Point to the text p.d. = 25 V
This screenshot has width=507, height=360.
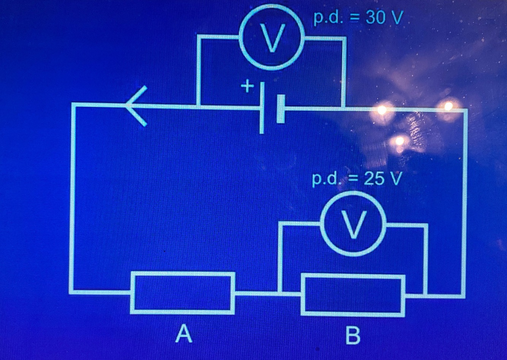[x=356, y=179]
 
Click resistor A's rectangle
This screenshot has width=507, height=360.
[x=182, y=293]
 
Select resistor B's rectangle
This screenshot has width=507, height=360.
[x=353, y=295]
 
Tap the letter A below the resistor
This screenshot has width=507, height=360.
[x=184, y=334]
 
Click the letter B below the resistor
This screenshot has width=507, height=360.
[x=353, y=336]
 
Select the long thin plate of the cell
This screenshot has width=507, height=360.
[x=262, y=109]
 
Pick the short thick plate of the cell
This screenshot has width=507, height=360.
[x=281, y=109]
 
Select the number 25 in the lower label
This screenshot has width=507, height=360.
[x=374, y=179]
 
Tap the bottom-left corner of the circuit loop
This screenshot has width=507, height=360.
[x=72, y=292]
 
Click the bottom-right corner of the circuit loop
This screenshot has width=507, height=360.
[x=463, y=295]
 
